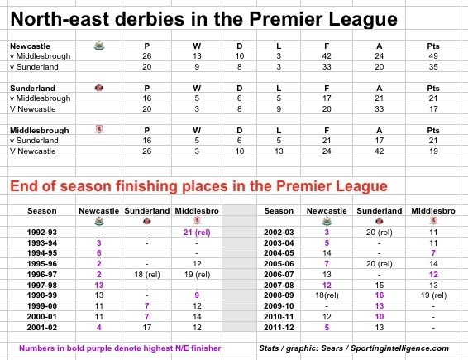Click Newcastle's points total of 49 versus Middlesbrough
433,56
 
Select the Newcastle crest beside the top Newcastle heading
99,46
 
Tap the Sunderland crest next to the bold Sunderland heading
98,88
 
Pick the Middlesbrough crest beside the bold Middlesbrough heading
98,129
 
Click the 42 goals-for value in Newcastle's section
327,56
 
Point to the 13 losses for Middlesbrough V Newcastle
279,151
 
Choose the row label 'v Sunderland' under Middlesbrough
34,141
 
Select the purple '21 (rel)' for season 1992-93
197,233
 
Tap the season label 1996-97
42,275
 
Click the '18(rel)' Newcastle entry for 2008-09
327,295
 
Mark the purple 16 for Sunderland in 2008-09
379,295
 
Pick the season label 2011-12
279,328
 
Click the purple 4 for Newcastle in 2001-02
98,328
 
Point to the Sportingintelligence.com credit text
399,348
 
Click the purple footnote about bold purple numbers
120,348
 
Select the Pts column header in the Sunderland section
433,88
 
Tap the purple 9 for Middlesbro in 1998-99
197,295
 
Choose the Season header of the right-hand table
279,211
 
